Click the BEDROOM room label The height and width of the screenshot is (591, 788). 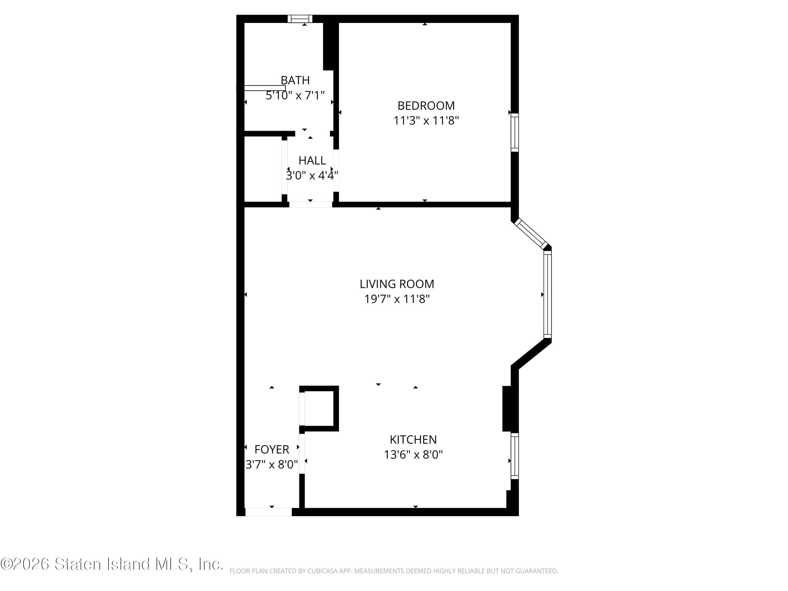426,106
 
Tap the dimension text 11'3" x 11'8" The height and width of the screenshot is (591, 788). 426,121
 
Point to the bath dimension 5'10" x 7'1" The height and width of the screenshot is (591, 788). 295,95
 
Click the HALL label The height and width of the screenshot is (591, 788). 312,161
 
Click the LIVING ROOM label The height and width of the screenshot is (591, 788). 397,284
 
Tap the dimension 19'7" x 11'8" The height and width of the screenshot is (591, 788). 397,299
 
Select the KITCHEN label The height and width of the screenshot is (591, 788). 413,440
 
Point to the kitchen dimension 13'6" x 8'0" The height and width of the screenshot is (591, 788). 413,455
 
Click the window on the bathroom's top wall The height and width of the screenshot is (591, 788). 300,19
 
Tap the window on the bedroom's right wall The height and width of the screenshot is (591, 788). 515,133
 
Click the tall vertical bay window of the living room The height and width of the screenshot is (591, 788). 548,294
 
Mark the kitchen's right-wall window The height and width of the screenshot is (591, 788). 515,456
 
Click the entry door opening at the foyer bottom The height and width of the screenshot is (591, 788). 269,512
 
